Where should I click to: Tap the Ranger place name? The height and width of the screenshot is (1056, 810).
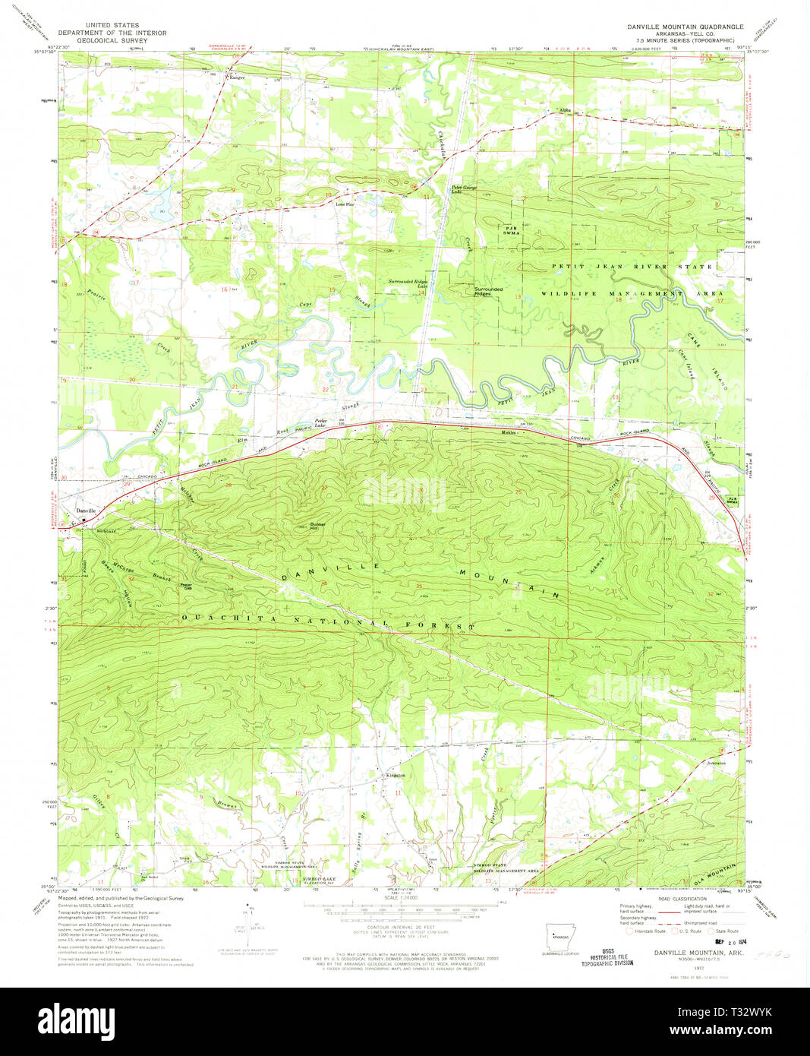237,77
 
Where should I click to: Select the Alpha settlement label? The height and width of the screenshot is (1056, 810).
565,110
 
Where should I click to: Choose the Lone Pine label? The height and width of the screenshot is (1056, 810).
345,204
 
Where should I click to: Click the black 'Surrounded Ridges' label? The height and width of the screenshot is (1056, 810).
488,291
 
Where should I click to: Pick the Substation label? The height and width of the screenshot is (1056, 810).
716,763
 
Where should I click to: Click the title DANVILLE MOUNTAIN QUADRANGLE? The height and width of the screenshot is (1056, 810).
686,27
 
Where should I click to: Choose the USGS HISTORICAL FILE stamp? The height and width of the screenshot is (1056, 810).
607,956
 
